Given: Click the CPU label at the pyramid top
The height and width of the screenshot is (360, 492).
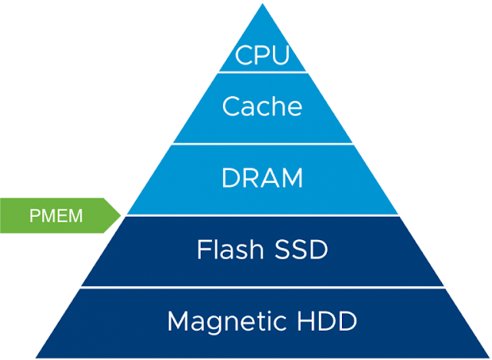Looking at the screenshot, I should pyautogui.click(x=263, y=56).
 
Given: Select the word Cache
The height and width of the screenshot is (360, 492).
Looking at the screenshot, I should pyautogui.click(x=263, y=106).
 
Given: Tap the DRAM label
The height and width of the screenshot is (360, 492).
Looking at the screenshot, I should pyautogui.click(x=263, y=178).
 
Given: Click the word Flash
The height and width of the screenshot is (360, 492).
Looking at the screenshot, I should pyautogui.click(x=224, y=250).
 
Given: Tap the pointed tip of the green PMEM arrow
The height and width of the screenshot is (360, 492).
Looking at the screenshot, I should pyautogui.click(x=122, y=215).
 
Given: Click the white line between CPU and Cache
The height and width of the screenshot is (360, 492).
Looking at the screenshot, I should pyautogui.click(x=263, y=72).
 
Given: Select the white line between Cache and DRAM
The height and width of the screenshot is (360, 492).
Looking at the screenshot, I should pyautogui.click(x=263, y=144).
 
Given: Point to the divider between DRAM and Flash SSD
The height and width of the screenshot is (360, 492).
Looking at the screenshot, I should pyautogui.click(x=263, y=215).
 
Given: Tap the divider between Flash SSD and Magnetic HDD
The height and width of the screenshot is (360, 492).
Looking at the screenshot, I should pyautogui.click(x=263, y=288).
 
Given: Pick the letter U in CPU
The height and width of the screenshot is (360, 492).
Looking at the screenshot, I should pyautogui.click(x=280, y=56).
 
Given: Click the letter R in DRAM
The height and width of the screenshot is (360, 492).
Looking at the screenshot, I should pyautogui.click(x=251, y=178).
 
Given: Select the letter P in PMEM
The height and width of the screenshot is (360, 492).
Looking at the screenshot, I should pyautogui.click(x=35, y=215).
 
